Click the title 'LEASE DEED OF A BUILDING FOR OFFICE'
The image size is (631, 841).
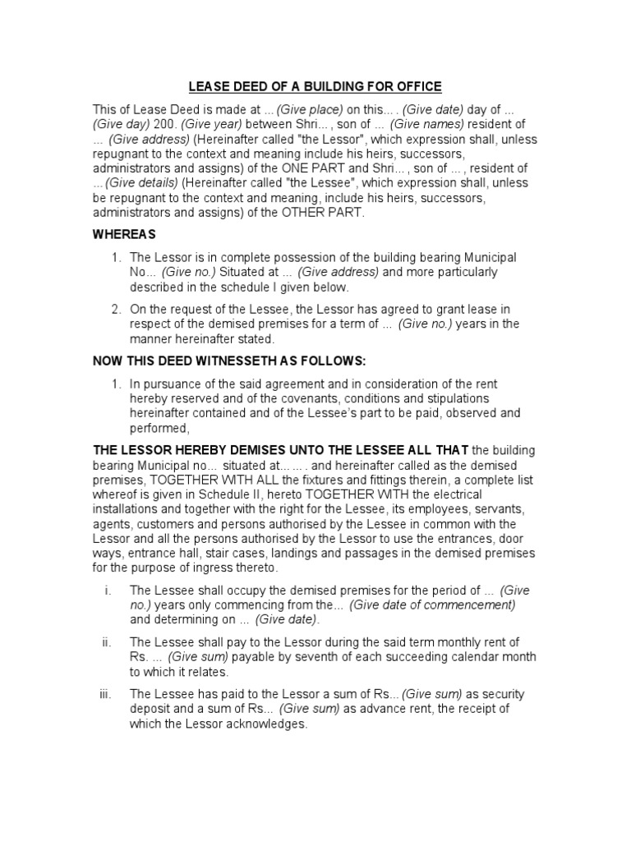pos(316,86)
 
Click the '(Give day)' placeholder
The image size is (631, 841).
pos(117,124)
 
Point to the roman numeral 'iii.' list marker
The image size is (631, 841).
pos(105,695)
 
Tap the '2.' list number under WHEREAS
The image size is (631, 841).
pos(117,310)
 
